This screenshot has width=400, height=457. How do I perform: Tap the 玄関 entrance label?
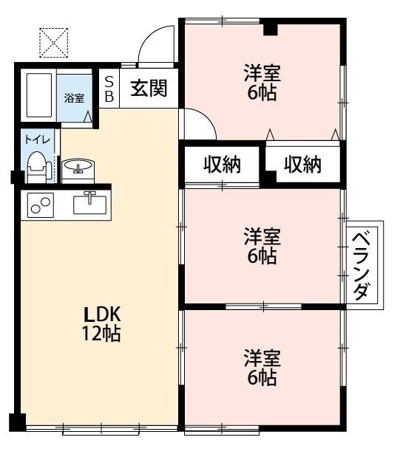pos(149,89)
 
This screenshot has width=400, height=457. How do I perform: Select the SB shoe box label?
pos(109,89)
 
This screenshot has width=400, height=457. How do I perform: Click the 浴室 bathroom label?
pos(73,97)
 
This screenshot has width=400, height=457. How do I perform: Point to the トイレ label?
pos(33,139)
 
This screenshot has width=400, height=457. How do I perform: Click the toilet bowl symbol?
pos(36,166)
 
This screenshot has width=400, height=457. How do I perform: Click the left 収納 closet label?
pos(223,165)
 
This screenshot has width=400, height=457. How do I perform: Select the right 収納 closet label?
pos(303,165)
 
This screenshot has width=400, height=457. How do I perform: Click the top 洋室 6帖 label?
pos(262,82)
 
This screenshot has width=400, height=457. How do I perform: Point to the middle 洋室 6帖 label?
pos(262,247)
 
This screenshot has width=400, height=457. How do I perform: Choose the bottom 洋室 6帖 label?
pos(262,368)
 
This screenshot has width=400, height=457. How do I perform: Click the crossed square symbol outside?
pos(53,42)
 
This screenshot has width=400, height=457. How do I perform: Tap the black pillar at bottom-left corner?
pos(17,423)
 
